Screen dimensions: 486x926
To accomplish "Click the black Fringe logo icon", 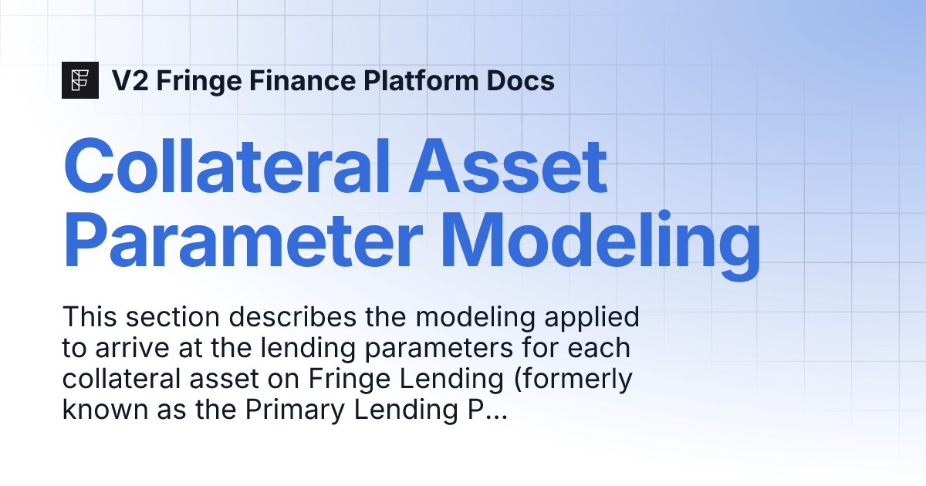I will click(x=80, y=79).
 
